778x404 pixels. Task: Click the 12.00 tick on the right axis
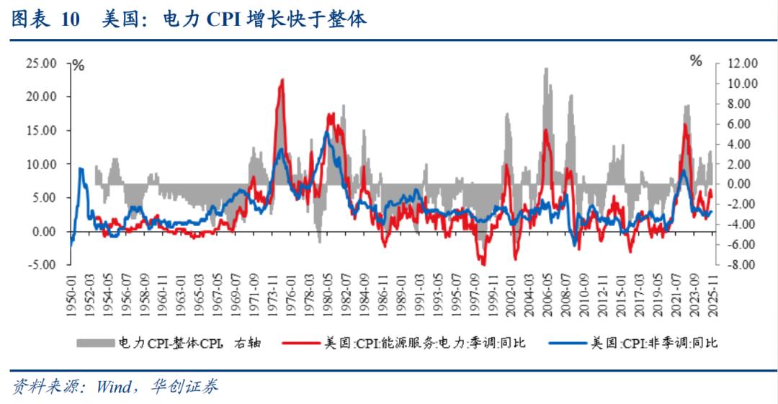(741, 63)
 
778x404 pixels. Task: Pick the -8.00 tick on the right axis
(742, 265)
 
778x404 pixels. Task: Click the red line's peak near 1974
(282, 80)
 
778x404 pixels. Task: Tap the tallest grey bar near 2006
(545, 69)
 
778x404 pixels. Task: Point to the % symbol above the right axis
(696, 61)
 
